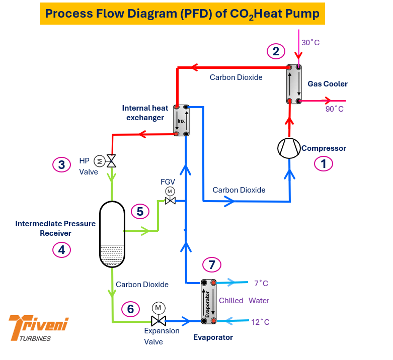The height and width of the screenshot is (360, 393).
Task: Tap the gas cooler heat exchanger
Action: tap(294, 84)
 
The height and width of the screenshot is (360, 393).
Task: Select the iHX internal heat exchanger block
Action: tap(181, 120)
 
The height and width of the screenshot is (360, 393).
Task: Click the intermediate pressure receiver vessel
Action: tap(112, 234)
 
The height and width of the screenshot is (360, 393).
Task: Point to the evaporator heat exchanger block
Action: tap(208, 302)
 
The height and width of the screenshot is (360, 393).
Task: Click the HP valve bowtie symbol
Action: tap(111, 161)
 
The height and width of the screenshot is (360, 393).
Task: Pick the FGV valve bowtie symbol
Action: tap(170, 201)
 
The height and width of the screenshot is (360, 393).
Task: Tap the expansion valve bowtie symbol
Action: tap(159, 321)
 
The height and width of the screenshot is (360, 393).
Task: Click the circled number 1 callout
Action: tap(324, 164)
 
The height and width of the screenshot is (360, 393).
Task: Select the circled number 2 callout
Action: tap(276, 51)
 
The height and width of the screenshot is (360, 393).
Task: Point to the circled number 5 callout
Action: tap(140, 211)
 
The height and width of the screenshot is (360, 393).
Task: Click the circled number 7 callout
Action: tap(212, 264)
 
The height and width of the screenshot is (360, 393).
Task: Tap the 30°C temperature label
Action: tap(310, 43)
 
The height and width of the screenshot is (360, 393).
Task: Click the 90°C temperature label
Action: tap(334, 109)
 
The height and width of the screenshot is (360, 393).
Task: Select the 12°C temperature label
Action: tap(261, 322)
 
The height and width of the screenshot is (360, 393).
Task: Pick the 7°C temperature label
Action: tap(261, 284)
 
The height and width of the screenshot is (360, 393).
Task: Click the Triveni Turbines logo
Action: tap(39, 328)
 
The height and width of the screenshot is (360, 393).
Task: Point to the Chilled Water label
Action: tap(244, 300)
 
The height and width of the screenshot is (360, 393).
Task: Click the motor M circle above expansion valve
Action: tap(159, 308)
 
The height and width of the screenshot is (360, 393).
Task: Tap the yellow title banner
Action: tap(182, 14)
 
